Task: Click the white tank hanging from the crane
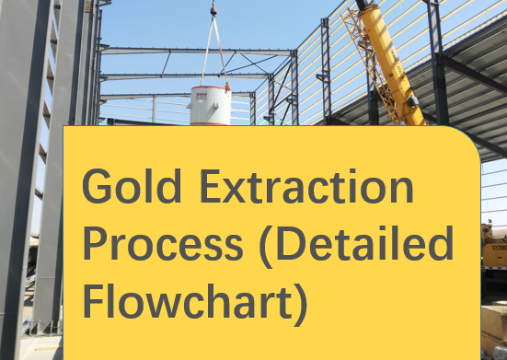point(211,104)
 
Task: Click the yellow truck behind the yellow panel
point(494,245)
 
